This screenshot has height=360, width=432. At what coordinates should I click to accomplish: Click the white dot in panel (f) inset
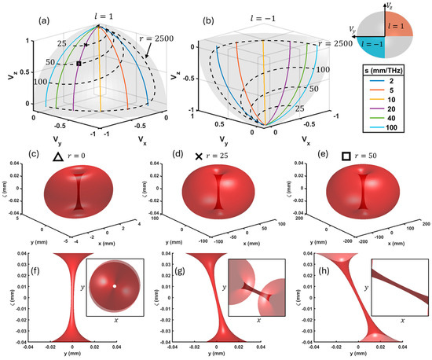coord(115,285)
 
